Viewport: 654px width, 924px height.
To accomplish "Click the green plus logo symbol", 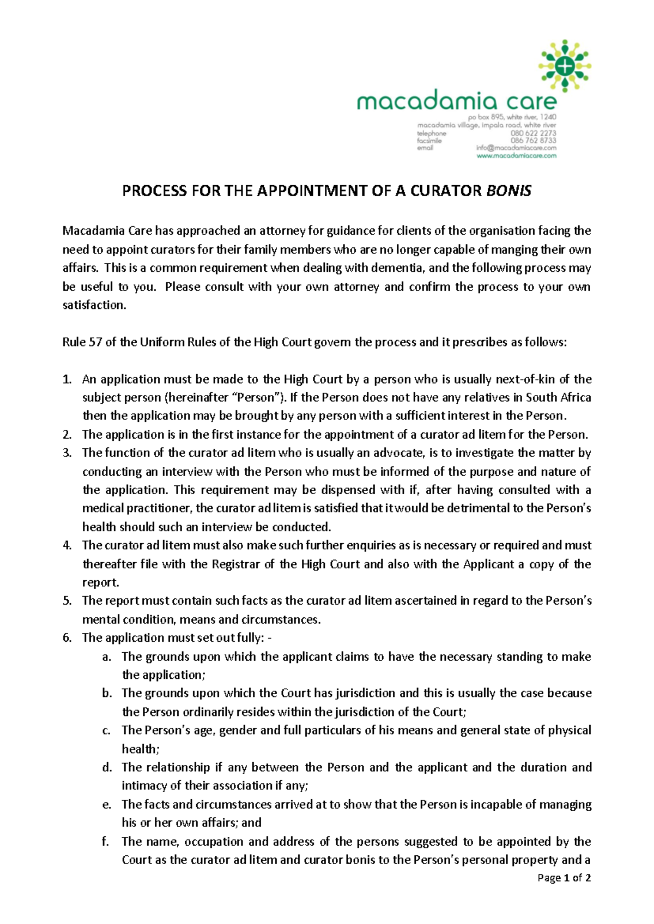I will tap(565, 66).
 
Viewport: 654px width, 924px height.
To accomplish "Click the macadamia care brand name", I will tap(457, 101).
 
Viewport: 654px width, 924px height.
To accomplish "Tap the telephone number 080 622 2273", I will tap(533, 133).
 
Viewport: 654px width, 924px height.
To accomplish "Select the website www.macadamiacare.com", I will tap(516, 156).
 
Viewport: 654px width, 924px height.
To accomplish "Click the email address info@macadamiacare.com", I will tap(516, 148).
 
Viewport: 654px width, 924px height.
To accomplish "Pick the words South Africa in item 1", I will tap(558, 398).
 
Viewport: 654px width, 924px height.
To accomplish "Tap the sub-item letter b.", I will tap(107, 693).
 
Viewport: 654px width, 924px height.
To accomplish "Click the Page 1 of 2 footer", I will tap(564, 878).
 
